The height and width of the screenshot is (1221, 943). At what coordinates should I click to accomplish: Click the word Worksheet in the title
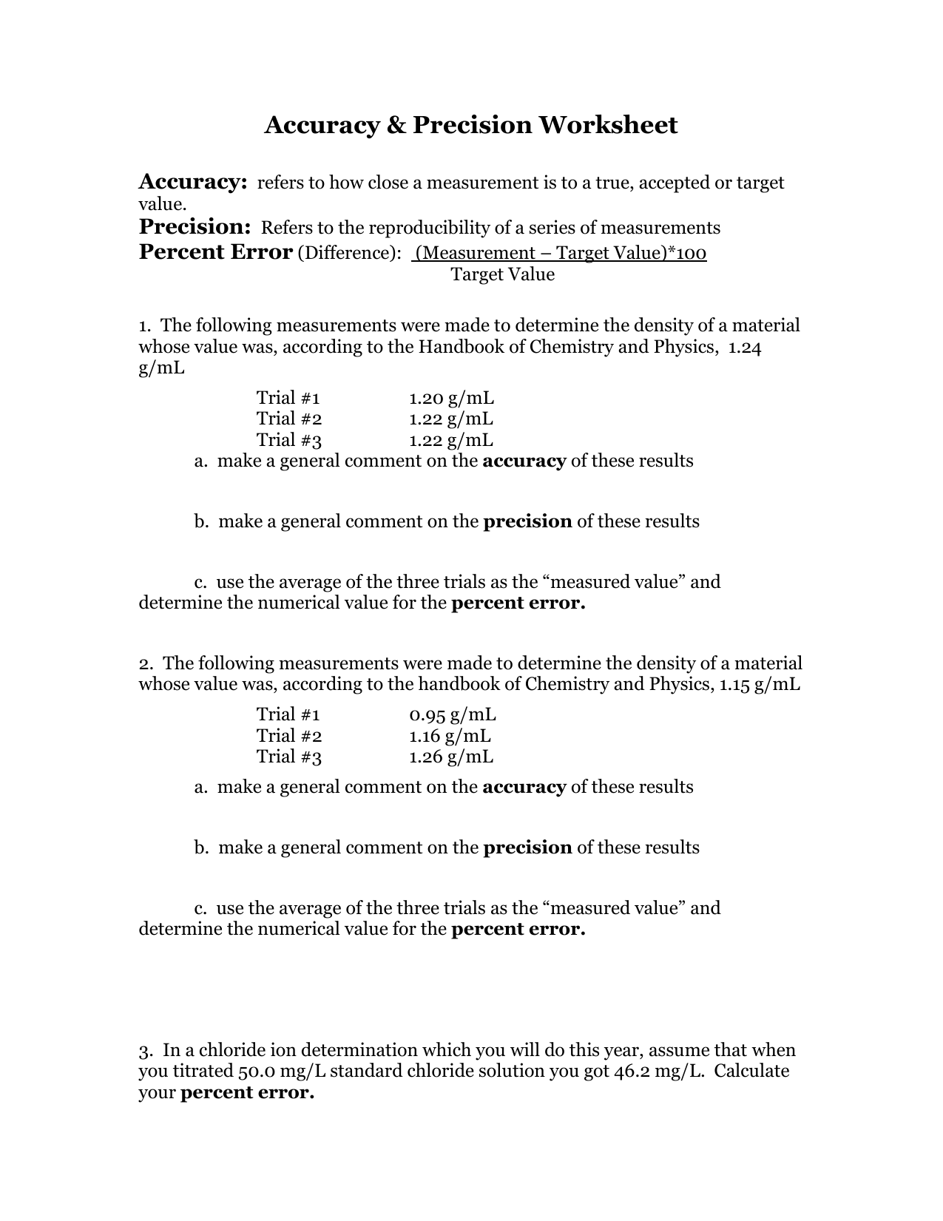(607, 125)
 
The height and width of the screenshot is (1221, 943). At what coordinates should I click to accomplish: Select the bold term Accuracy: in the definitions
(192, 182)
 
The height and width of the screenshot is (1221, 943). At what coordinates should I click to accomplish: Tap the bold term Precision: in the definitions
(195, 226)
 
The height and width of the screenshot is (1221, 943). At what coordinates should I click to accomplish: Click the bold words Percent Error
(215, 252)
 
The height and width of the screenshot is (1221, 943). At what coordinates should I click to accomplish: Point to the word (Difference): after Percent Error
(349, 254)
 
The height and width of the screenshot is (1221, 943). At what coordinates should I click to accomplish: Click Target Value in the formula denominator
(502, 275)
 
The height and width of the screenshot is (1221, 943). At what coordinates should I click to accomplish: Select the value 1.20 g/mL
(450, 399)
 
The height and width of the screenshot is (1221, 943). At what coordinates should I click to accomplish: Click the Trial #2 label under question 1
(289, 419)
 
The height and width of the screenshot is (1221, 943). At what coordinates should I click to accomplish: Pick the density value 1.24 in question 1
(745, 347)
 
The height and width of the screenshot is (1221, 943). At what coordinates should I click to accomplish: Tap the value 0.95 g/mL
(452, 714)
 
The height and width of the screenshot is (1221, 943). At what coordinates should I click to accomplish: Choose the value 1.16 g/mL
(450, 736)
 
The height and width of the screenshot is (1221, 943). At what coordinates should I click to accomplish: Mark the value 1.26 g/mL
(450, 757)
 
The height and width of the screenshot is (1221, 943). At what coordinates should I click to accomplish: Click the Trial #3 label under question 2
(289, 757)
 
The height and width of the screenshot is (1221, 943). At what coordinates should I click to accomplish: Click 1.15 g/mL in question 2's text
(760, 684)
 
